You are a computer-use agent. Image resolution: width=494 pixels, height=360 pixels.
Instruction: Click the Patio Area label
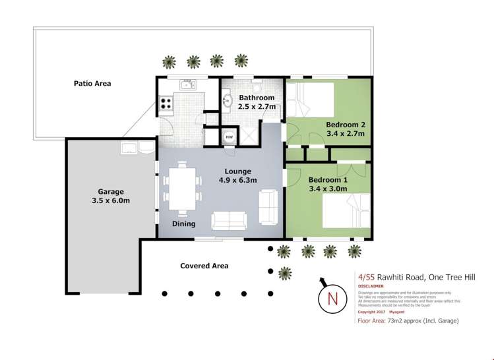click(92, 84)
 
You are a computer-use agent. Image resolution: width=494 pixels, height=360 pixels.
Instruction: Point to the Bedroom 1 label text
click(328, 185)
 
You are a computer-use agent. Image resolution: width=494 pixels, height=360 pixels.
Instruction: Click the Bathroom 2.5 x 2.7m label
click(257, 103)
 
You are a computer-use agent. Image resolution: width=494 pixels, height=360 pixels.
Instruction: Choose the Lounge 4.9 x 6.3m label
click(237, 175)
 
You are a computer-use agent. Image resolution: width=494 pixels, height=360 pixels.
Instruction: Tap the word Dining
click(183, 224)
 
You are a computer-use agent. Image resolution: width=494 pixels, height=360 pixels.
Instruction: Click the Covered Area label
click(204, 266)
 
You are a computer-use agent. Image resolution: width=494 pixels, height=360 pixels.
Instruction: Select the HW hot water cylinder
click(229, 137)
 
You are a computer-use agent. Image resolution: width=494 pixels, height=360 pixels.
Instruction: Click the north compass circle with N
click(332, 299)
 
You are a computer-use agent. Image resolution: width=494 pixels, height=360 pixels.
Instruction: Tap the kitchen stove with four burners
click(165, 103)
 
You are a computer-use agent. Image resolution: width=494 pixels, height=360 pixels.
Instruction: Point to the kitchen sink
click(187, 84)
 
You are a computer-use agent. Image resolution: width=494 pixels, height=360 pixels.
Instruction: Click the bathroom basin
click(228, 101)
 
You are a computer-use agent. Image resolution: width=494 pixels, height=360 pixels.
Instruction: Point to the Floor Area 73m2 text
click(407, 321)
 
